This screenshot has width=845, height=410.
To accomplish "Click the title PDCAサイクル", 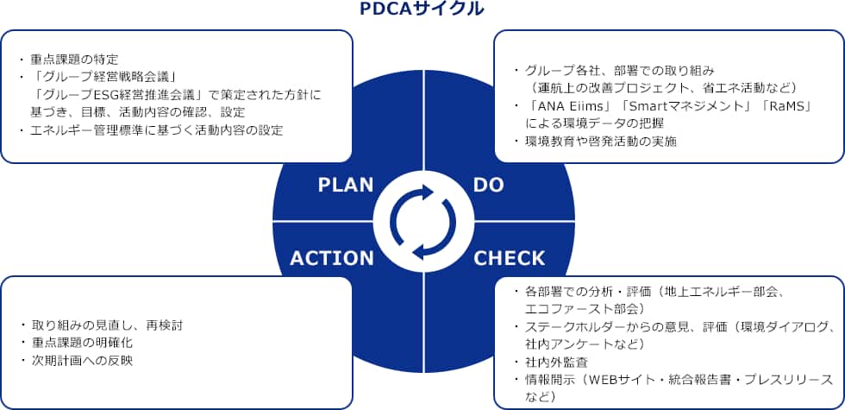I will (422, 9).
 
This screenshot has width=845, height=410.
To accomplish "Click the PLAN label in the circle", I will (345, 184).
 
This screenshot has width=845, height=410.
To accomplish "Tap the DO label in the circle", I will (489, 184).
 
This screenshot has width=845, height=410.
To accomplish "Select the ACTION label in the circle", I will (332, 258).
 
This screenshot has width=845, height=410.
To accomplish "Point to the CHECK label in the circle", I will (510, 258).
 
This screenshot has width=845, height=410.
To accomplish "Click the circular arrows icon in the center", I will (422, 222).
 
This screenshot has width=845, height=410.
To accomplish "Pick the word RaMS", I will (782, 105).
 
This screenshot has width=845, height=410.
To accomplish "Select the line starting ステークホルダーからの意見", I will (673, 326).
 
